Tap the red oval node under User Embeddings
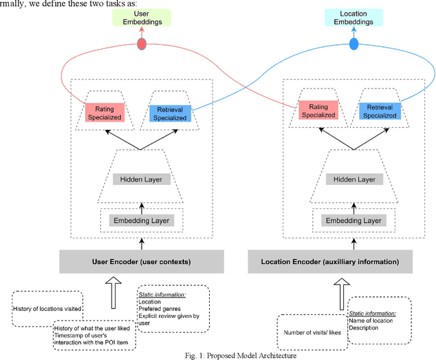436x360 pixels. click(x=142, y=44)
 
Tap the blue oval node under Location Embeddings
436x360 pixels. click(x=354, y=44)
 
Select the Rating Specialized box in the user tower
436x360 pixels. click(x=104, y=112)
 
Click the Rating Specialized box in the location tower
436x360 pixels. click(x=319, y=111)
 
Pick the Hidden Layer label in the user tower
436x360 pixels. click(x=143, y=180)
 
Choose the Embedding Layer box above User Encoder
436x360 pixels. click(x=143, y=220)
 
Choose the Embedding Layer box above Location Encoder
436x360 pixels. click(x=353, y=220)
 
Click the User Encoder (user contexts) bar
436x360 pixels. click(x=142, y=261)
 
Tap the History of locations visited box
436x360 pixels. click(x=47, y=308)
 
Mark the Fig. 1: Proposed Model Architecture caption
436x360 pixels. click(x=225, y=355)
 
